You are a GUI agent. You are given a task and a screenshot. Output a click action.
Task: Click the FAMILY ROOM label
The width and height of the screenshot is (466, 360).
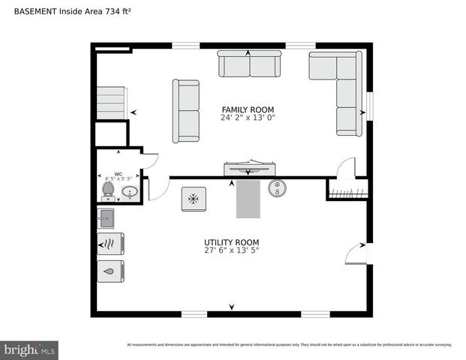pos(247,109)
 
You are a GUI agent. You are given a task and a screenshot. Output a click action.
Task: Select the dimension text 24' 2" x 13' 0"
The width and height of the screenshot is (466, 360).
pos(247,118)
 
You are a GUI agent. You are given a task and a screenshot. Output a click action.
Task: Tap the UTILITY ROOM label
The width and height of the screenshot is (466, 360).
pos(231,242)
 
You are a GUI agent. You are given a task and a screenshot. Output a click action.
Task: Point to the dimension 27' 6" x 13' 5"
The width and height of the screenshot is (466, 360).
pos(231,250)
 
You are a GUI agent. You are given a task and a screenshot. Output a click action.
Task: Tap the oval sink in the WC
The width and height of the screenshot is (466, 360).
pos(130,193)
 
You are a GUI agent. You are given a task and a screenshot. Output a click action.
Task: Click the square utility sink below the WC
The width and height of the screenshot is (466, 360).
pos(106,219)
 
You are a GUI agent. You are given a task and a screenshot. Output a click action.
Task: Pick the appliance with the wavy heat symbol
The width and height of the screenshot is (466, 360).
pos(110,244)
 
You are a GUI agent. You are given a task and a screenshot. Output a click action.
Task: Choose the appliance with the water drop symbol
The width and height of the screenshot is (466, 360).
pos(110,271)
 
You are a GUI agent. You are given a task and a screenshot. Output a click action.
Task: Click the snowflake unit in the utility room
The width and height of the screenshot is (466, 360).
pos(194,199)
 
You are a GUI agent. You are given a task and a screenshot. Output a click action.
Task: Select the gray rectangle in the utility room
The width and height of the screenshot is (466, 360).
pos(248,199)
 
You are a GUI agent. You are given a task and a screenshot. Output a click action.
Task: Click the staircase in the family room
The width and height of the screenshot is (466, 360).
pos(110,102)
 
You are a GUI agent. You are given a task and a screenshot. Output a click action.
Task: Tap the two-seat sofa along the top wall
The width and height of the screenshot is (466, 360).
pos(249,64)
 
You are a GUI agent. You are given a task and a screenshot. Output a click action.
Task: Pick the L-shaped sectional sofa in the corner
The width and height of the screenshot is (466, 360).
pos(341,82)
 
